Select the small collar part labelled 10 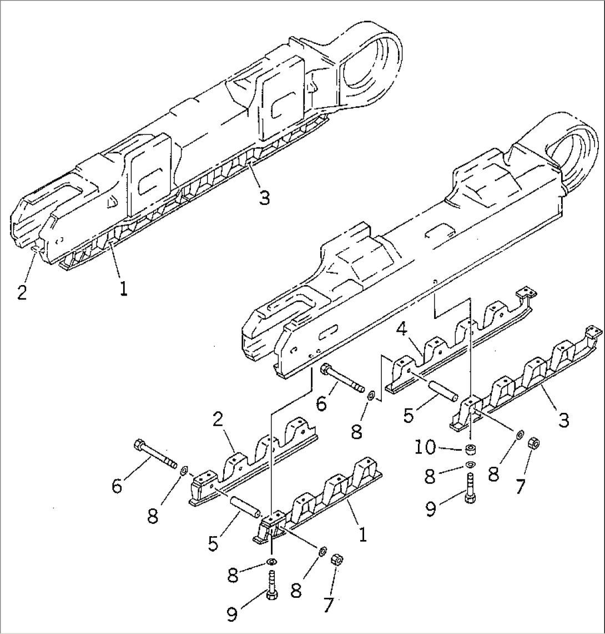471,448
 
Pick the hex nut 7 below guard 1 336,560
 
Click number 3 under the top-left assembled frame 265,197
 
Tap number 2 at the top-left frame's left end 22,292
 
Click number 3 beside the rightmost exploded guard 564,420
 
